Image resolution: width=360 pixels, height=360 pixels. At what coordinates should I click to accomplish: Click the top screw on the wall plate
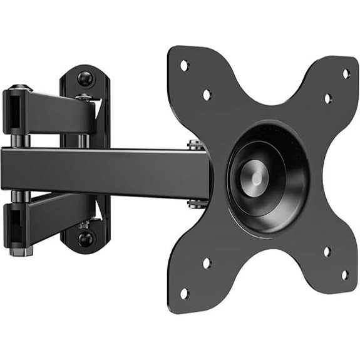(x=86, y=79)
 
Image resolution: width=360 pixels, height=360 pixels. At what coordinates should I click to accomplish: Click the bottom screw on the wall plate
(x=86, y=239)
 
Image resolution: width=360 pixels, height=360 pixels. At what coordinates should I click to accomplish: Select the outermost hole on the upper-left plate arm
(x=184, y=65)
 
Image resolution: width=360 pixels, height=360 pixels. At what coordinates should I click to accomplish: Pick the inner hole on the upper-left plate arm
(x=207, y=95)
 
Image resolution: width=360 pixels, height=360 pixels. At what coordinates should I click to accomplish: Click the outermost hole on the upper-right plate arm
(x=346, y=73)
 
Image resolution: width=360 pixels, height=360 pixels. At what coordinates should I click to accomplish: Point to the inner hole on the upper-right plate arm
(x=327, y=98)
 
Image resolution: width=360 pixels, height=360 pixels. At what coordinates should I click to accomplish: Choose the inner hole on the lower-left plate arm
(x=207, y=264)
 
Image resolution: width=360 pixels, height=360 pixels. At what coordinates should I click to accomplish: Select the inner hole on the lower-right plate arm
(x=327, y=252)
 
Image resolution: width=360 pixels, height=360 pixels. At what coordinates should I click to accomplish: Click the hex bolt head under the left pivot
(x=21, y=250)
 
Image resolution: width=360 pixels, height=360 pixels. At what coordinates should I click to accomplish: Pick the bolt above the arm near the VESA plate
(x=196, y=145)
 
